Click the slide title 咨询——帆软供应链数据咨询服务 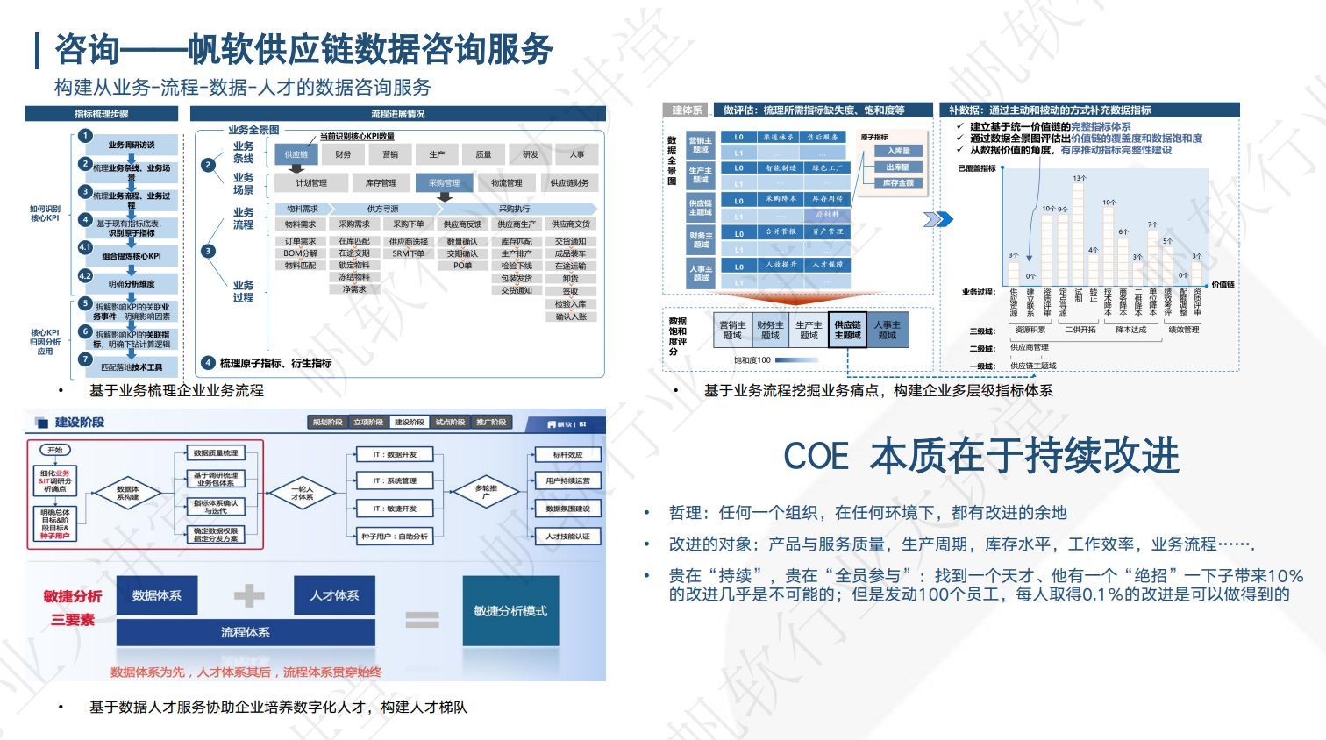[x=303, y=49]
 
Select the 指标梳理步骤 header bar [x=102, y=114]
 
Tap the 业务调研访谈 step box [x=132, y=145]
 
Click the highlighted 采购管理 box [x=444, y=183]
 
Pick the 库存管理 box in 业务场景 [x=381, y=183]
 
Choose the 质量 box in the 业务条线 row [x=483, y=154]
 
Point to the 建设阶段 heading [x=79, y=423]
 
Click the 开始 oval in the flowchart [x=55, y=450]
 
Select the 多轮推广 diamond [x=486, y=492]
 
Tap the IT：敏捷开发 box [x=395, y=509]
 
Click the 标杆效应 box [x=567, y=454]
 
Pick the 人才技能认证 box [x=567, y=536]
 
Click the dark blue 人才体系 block [x=334, y=595]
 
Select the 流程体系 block [x=246, y=632]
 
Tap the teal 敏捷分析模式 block [x=510, y=611]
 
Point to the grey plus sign [x=249, y=596]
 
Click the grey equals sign [x=422, y=620]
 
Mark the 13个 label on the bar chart [x=1079, y=178]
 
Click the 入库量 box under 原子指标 [x=897, y=151]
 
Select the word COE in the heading [x=816, y=456]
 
